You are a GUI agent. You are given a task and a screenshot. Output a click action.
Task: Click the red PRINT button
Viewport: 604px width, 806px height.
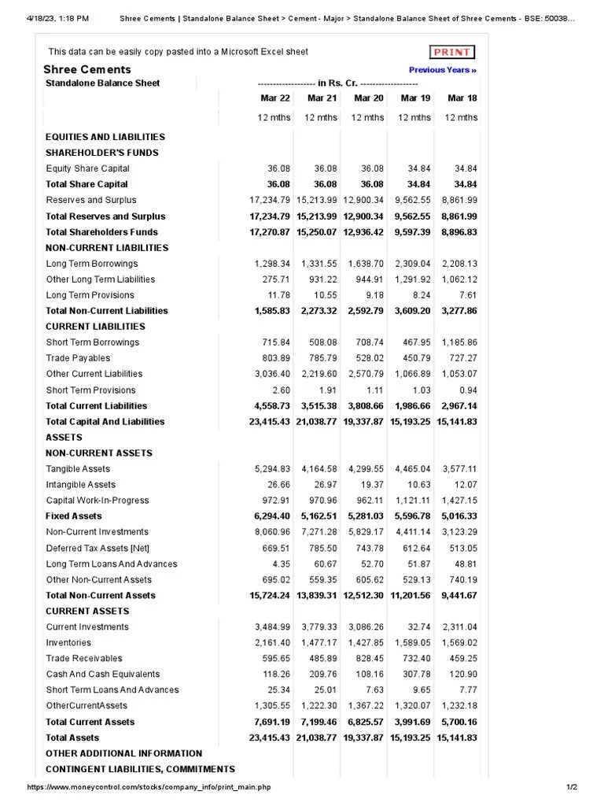coord(452,52)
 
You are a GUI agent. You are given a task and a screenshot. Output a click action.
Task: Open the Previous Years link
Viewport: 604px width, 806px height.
coord(443,70)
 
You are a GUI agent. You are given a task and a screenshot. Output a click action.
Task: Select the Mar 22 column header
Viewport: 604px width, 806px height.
coord(275,98)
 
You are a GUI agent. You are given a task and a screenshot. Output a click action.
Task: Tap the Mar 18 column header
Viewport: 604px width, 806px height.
coord(462,98)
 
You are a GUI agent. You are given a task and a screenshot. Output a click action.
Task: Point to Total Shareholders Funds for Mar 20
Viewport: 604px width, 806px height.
coord(365,232)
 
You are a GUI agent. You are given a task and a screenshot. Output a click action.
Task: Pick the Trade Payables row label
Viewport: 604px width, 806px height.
coord(78,358)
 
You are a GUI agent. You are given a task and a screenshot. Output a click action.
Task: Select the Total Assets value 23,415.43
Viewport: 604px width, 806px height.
coord(270,738)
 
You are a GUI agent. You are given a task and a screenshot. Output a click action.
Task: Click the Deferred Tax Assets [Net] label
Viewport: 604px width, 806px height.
coord(98,548)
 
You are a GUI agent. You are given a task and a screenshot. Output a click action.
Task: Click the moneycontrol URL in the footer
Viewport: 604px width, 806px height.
coord(149,787)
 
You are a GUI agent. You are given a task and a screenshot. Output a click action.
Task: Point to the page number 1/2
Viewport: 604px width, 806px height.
coord(572,787)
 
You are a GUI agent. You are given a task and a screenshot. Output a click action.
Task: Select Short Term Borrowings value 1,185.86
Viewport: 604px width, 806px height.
coord(459,342)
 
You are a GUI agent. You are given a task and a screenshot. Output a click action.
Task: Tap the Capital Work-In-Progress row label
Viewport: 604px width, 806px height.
coord(97,501)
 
